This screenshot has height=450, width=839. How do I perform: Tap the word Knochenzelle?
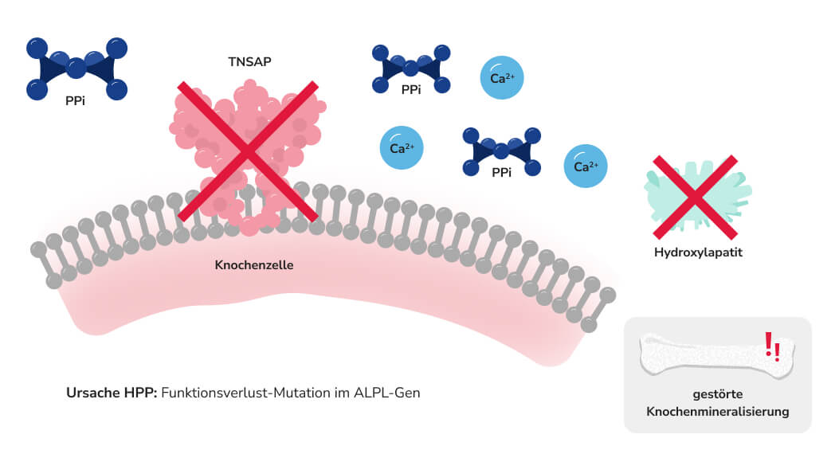(x=254, y=264)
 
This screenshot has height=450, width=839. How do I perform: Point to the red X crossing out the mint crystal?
(x=695, y=197)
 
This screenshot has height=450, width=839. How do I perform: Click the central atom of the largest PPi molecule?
(x=76, y=68)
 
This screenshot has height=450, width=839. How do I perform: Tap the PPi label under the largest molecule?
(x=76, y=102)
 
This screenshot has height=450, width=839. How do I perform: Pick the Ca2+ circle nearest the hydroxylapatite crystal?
(x=586, y=166)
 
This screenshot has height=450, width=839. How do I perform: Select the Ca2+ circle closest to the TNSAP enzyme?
(x=402, y=147)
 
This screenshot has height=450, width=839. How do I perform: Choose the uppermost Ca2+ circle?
(x=502, y=79)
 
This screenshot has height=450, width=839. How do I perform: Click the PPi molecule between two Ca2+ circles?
(x=502, y=151)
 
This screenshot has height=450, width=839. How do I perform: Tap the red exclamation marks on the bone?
(x=771, y=346)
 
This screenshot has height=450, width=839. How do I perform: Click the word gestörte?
(x=718, y=396)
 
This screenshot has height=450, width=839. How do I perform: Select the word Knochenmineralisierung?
(x=718, y=412)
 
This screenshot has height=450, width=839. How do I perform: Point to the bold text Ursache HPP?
(x=112, y=393)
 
